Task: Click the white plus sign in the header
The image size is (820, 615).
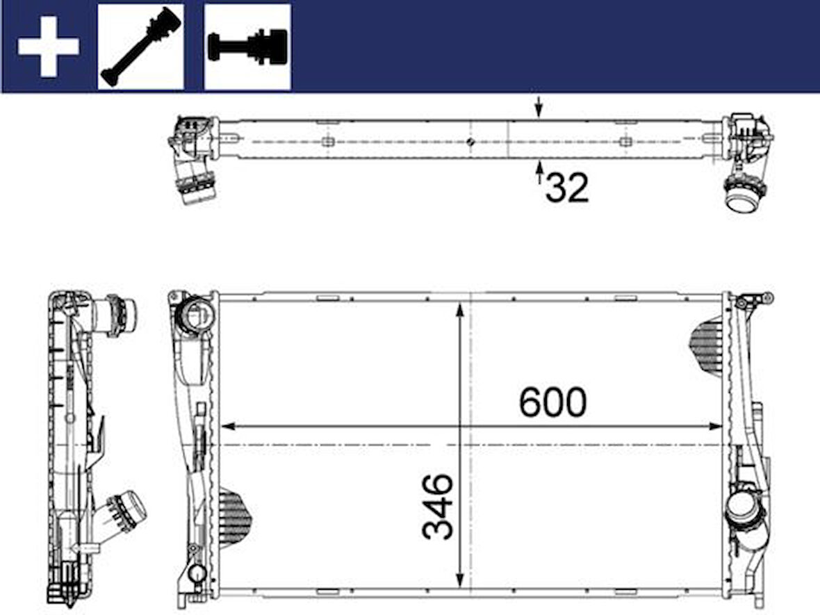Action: tap(48, 47)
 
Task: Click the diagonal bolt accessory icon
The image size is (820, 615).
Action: tap(141, 47)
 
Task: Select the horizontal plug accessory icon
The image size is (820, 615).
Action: tap(247, 47)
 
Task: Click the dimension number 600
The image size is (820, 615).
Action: tap(552, 402)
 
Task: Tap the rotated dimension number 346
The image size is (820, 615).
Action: tap(438, 507)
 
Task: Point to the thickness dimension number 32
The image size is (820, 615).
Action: tap(567, 188)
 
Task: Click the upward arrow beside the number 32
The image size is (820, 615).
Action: tap(539, 172)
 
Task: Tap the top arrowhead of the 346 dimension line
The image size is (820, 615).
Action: tap(459, 310)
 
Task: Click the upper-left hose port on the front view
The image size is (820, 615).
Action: tap(195, 315)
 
